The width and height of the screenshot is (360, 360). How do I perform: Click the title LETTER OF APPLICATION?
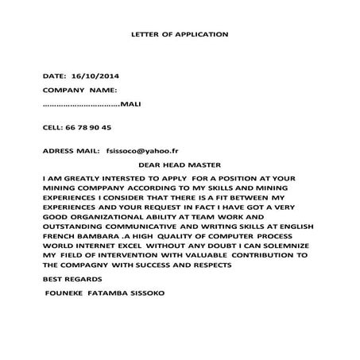(x=179, y=35)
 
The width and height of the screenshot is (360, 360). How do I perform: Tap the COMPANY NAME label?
(x=79, y=91)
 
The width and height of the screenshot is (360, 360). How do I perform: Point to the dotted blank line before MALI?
(x=79, y=106)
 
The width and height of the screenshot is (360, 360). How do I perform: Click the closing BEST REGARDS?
(x=72, y=280)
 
